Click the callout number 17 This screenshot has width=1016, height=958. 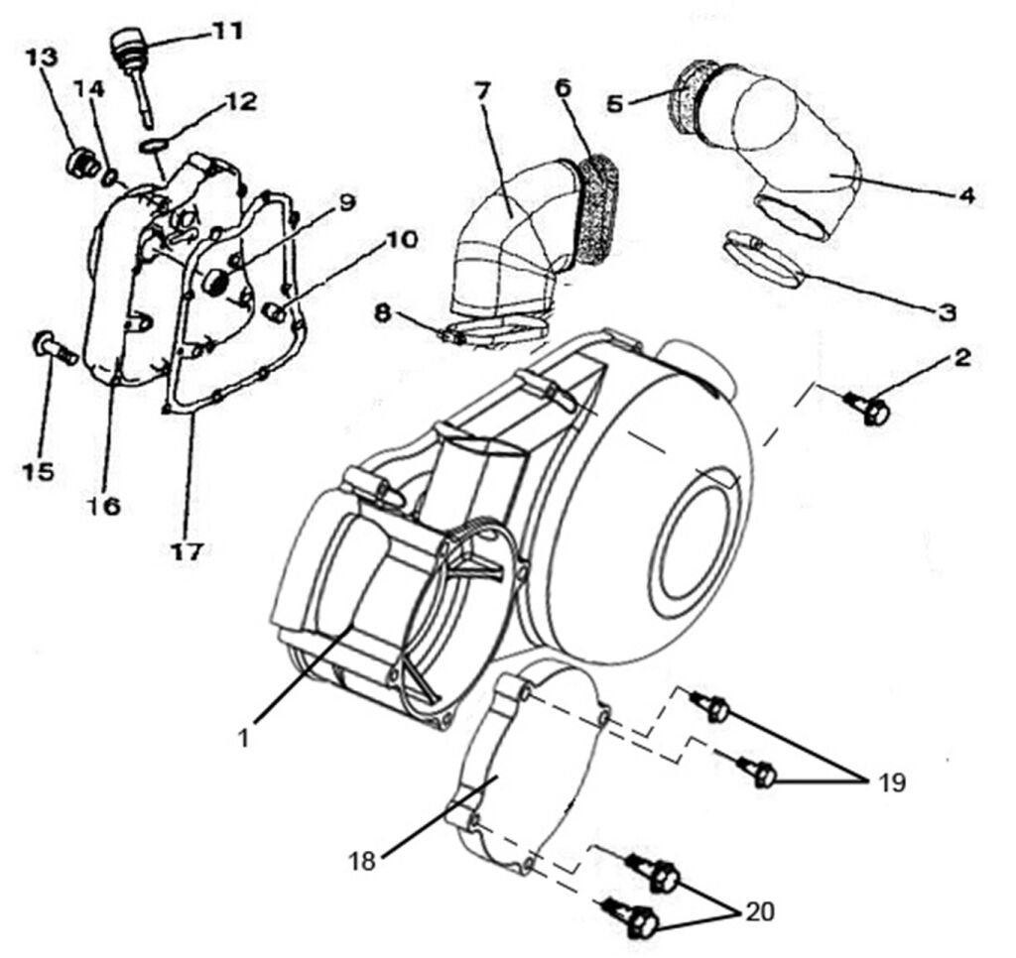point(188,551)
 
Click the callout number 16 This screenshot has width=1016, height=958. point(103,507)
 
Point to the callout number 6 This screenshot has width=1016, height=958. point(564,88)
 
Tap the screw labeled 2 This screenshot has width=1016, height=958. point(873,408)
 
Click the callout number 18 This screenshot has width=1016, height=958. point(363,862)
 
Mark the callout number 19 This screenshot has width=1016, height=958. point(891,782)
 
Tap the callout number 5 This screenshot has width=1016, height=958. point(614,102)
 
